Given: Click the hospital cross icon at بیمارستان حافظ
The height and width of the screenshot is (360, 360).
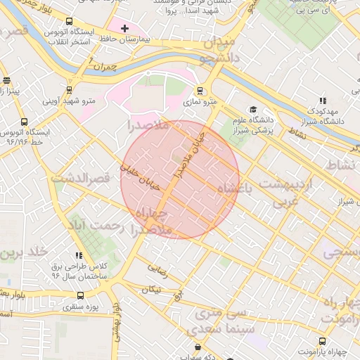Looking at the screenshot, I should [x=124, y=29].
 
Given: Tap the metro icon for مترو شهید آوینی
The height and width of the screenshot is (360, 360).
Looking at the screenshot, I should [x=69, y=90].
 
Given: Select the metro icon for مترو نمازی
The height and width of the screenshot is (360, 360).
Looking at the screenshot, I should [x=200, y=91].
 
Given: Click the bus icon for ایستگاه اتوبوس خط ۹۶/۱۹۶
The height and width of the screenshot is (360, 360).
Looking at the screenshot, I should [x=25, y=122].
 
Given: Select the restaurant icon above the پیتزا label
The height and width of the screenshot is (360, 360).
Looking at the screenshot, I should [x=6, y=81].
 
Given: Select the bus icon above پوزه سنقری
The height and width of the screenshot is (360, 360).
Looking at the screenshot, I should [x=80, y=296].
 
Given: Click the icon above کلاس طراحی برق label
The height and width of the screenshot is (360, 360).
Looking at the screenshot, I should [x=79, y=256].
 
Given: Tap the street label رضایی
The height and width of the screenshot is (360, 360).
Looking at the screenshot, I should [x=157, y=268].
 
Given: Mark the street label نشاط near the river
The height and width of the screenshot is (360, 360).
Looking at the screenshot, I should [x=297, y=133].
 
